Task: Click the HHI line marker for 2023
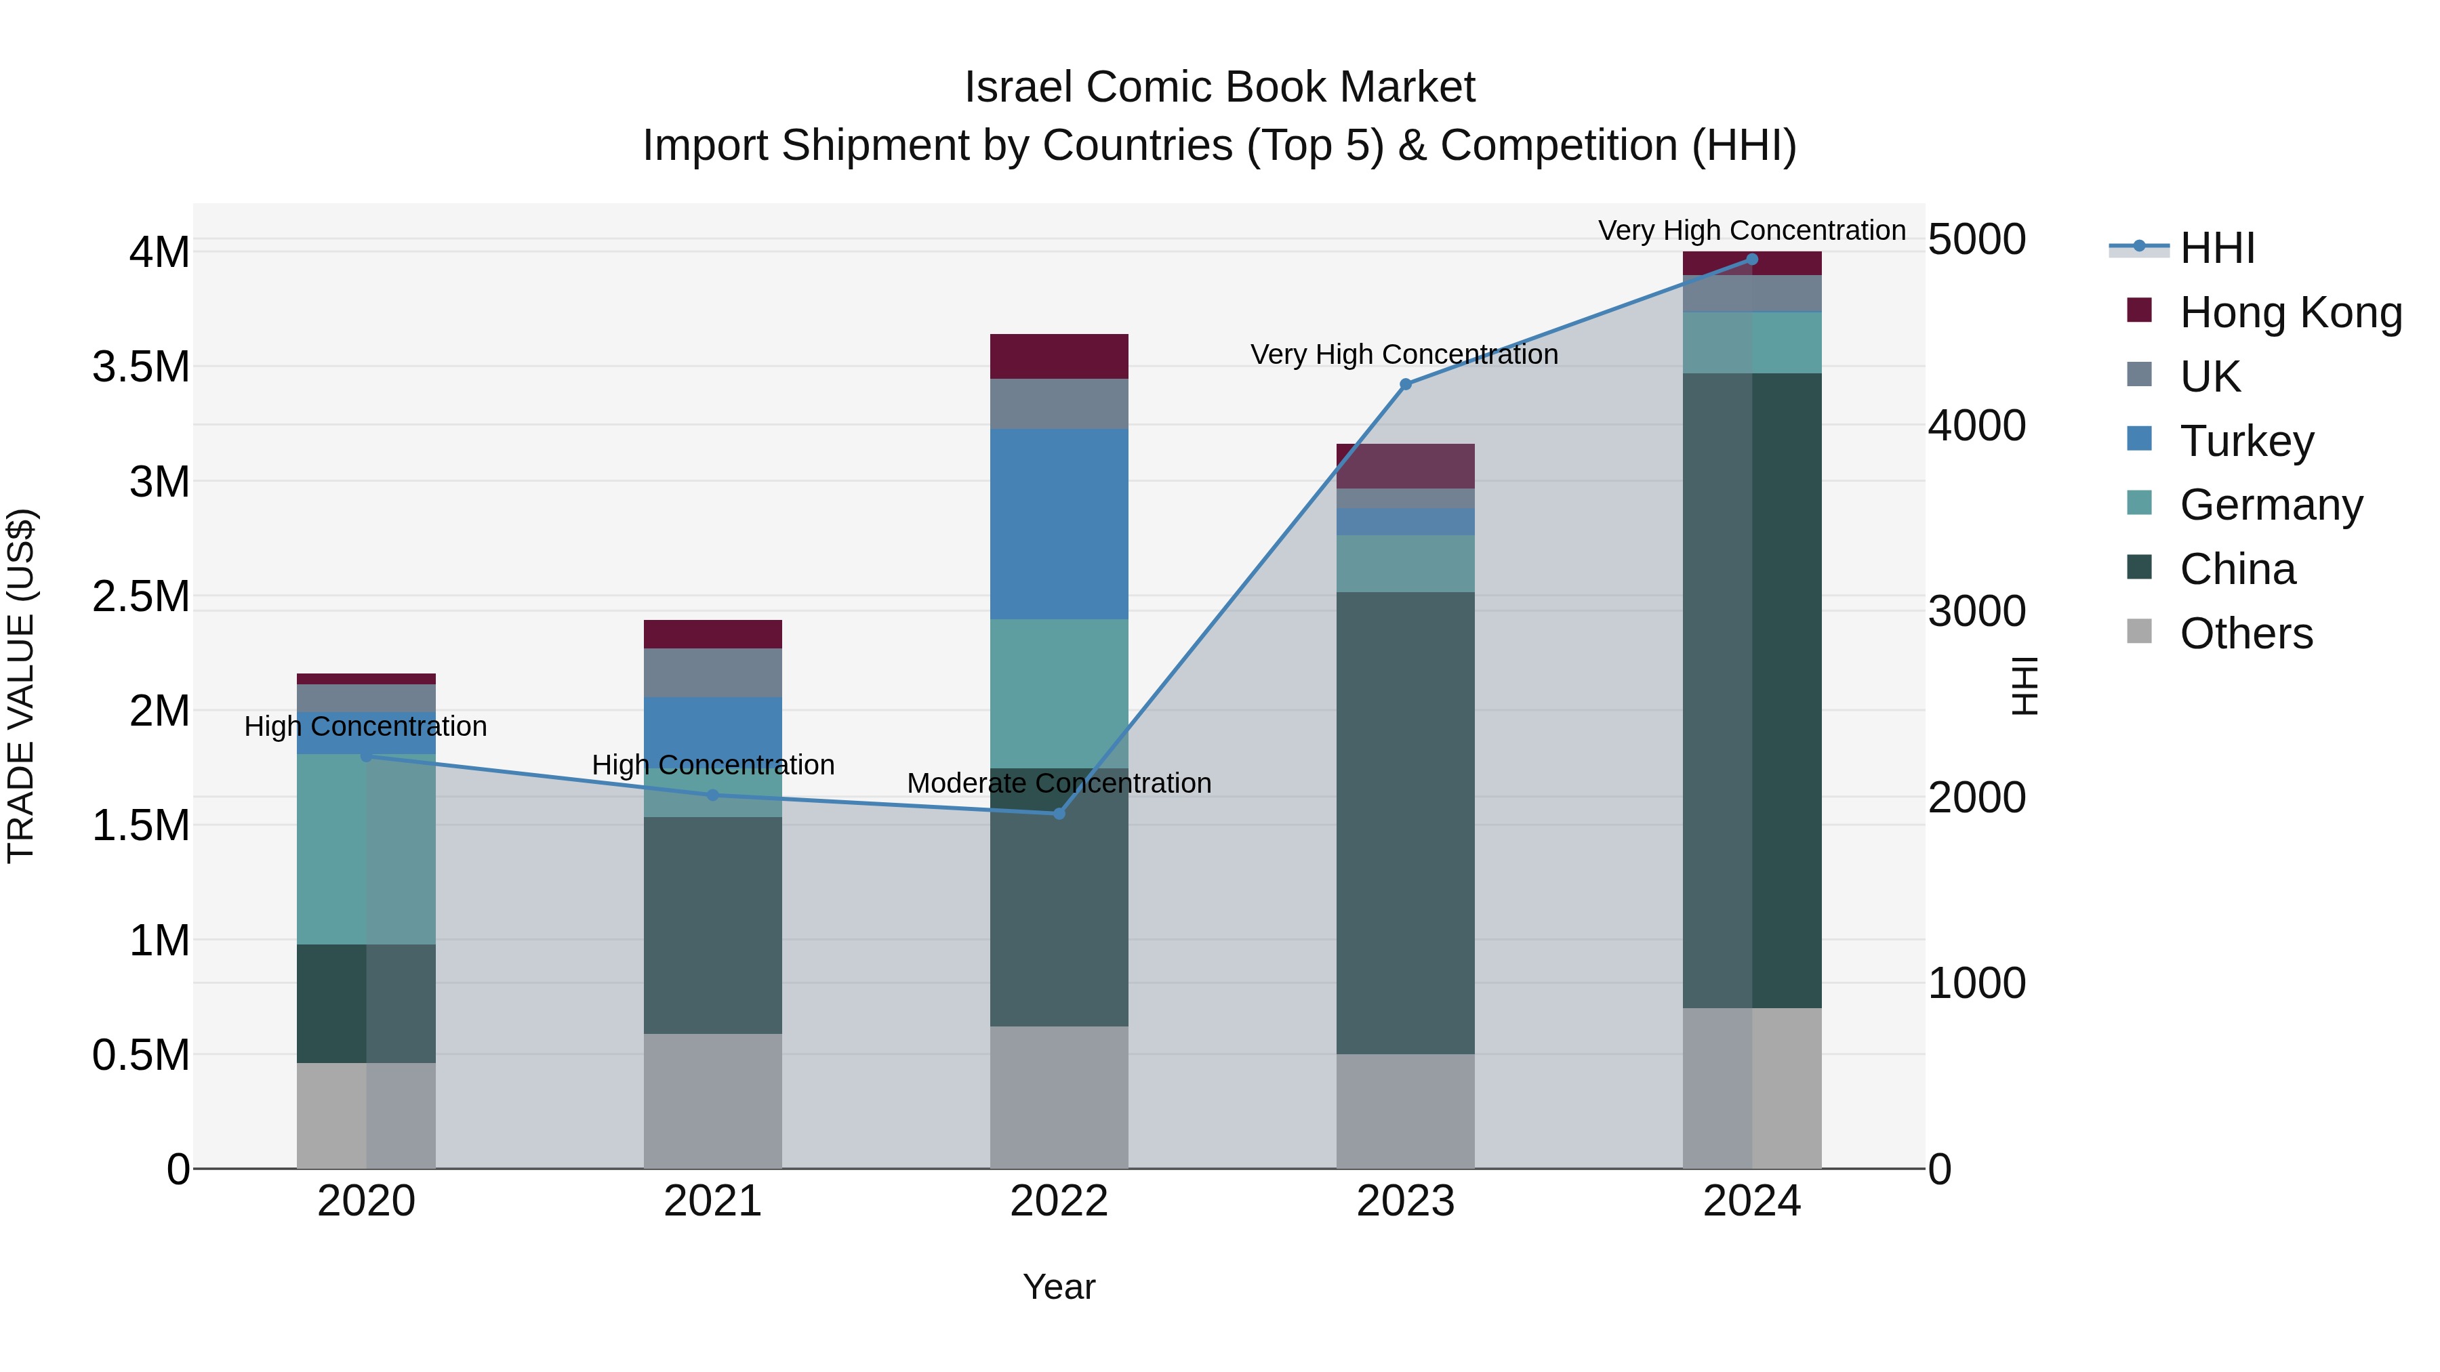[1406, 384]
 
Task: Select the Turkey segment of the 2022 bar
[1059, 524]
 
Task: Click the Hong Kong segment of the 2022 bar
[1059, 356]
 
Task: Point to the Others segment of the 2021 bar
[712, 1100]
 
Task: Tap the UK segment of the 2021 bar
[712, 672]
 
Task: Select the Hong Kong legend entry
[2290, 312]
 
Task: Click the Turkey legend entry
[2247, 441]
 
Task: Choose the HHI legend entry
[2216, 248]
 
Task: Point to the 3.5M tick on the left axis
[141, 367]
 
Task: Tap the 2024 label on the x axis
[1751, 1201]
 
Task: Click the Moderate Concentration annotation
[1059, 783]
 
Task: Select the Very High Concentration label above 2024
[1751, 230]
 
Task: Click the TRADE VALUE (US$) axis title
[21, 686]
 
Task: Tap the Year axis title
[1059, 1287]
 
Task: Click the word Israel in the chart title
[1019, 87]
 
